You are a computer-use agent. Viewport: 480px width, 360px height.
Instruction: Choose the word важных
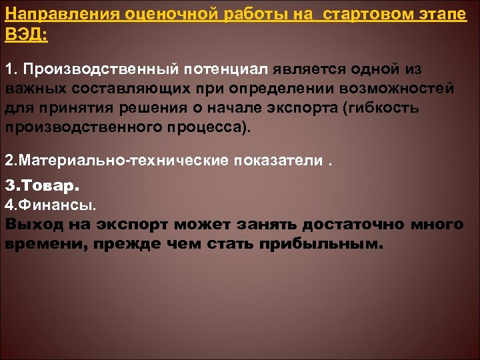click(x=33, y=88)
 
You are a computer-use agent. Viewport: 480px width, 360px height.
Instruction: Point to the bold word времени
click(x=46, y=243)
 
